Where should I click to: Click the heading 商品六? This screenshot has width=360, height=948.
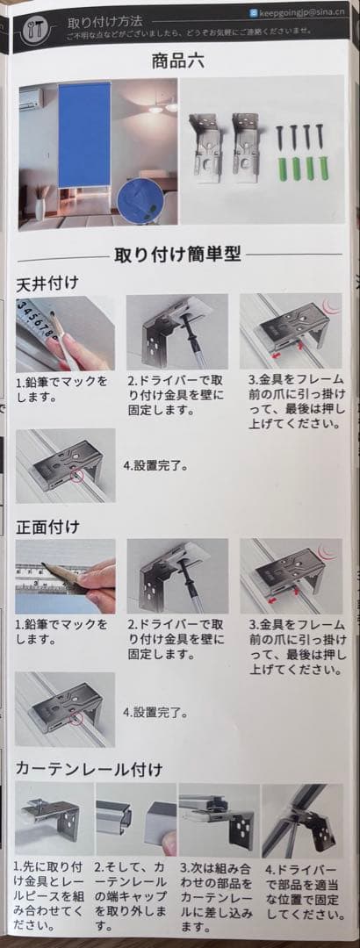[179, 62]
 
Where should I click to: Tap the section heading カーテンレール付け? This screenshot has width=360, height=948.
[89, 769]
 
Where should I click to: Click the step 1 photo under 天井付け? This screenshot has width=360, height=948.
[65, 333]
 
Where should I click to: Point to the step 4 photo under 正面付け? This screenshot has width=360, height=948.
[65, 709]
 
